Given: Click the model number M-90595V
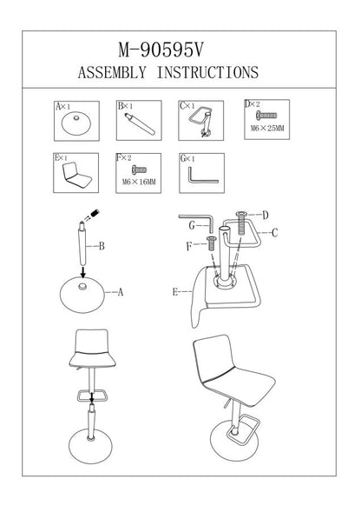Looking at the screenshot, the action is point(161,50).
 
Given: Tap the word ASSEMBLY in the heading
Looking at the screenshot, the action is point(112,72).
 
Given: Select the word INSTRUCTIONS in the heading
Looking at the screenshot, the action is point(207,72).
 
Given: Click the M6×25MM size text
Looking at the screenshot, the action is point(267,129).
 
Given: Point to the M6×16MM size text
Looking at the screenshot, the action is point(139,182).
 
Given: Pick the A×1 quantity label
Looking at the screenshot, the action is point(63,106).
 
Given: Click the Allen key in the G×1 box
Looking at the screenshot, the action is point(203,176).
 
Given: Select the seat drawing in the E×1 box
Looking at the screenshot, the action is point(76,176).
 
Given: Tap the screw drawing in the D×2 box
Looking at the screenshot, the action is point(266,116).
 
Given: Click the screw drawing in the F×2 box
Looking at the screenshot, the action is point(139,170).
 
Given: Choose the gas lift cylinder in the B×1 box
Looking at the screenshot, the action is point(140,123).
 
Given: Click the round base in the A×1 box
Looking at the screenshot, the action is point(76,124).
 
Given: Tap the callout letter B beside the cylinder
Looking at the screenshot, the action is point(102,246).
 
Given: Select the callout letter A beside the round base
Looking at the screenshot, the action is point(121,292).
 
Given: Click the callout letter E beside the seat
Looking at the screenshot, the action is point(175,291).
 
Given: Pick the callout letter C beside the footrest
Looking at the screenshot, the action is point(274,233).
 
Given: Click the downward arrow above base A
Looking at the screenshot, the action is point(83,272).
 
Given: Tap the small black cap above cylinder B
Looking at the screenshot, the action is point(95,214).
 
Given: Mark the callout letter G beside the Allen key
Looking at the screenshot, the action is point(192,225).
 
